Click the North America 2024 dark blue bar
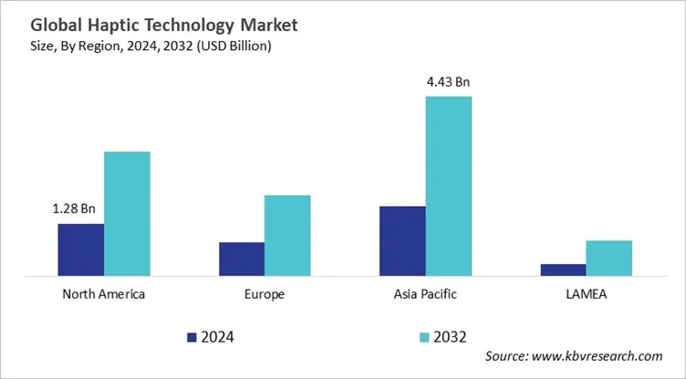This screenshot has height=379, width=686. point(80,249)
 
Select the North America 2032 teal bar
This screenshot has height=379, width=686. point(127,212)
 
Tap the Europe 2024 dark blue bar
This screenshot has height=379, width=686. point(242,258)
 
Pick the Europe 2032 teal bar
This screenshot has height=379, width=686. point(287,234)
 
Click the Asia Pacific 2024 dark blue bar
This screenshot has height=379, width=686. point(402,240)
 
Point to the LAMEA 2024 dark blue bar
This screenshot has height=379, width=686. point(563,269)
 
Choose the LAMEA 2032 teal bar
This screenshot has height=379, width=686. point(608,257)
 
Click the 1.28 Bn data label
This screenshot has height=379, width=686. point(74,209)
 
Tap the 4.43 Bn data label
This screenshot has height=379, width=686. point(448,82)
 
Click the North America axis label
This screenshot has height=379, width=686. point(103,294)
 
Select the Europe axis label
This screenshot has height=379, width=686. point(265,294)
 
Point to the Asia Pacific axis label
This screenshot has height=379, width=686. point(425,294)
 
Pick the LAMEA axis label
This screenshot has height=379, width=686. point(586,294)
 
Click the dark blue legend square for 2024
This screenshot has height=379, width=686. point(192,337)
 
